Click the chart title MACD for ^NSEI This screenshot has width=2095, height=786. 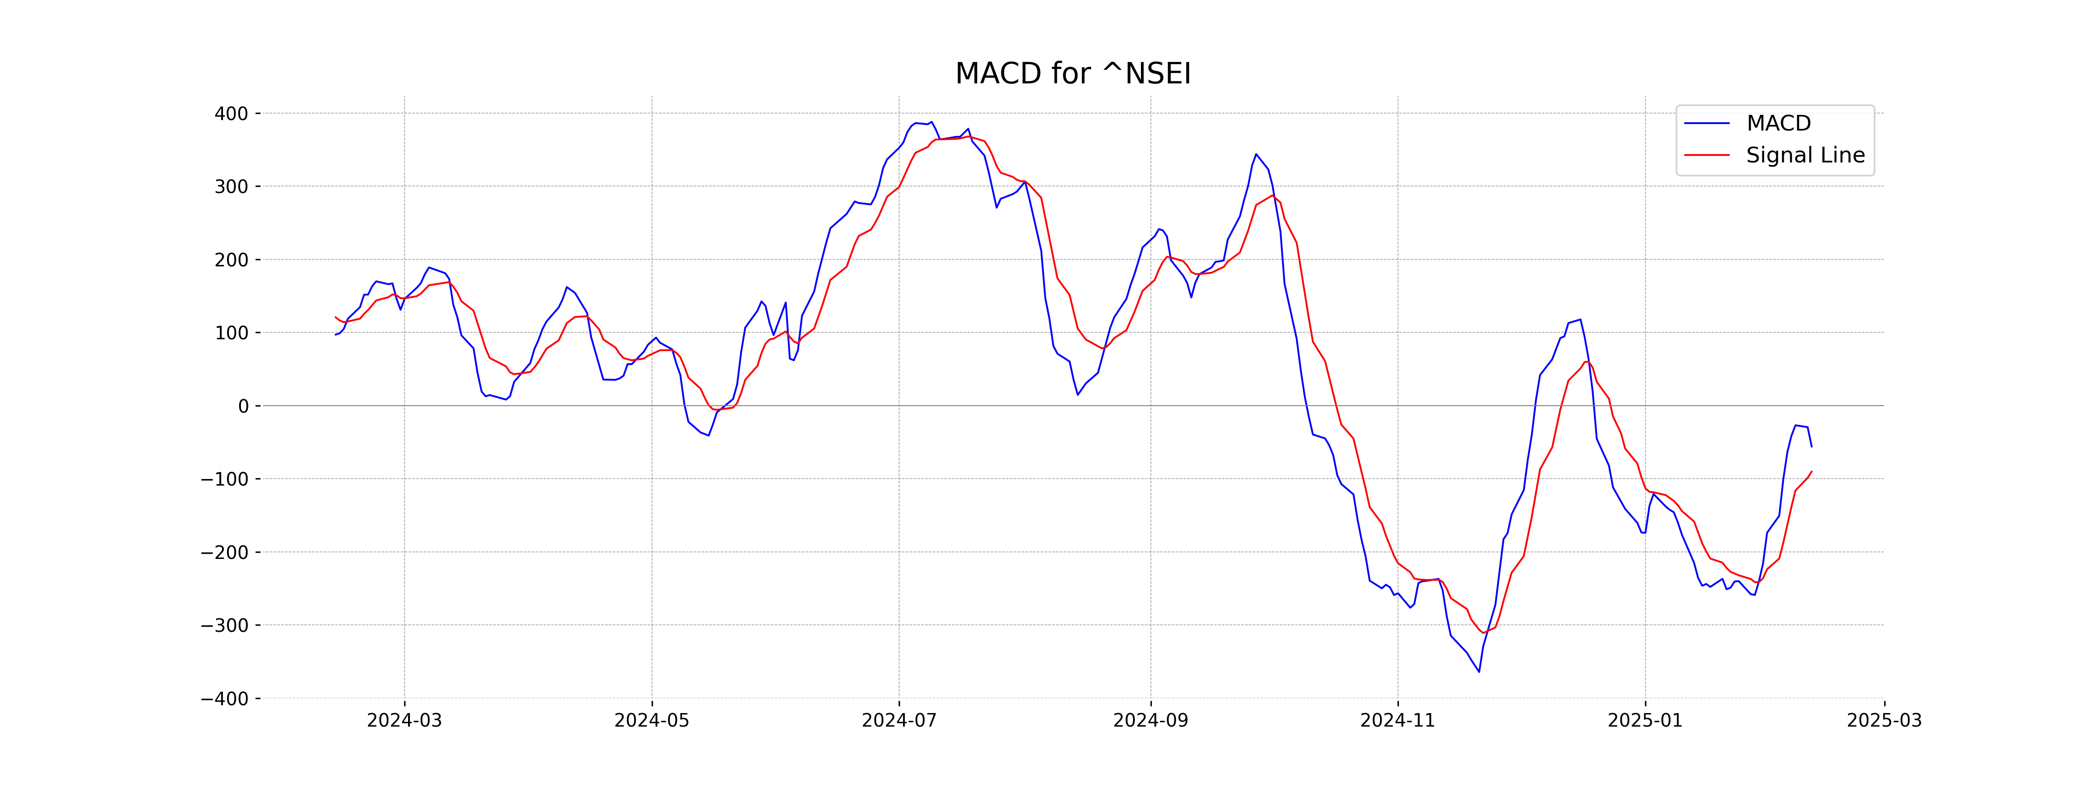(1073, 74)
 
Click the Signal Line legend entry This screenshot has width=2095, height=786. (1805, 155)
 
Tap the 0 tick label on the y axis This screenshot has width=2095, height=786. (243, 406)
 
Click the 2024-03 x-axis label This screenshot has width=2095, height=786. (404, 721)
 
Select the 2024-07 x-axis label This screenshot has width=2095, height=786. (899, 721)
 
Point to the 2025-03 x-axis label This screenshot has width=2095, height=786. (1884, 721)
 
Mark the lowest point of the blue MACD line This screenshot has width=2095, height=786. (1479, 671)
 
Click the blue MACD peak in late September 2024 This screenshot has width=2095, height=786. (1256, 154)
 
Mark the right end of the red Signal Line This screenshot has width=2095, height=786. (1811, 471)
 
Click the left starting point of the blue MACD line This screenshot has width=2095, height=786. (335, 334)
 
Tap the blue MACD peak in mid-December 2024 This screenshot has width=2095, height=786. (1580, 320)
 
